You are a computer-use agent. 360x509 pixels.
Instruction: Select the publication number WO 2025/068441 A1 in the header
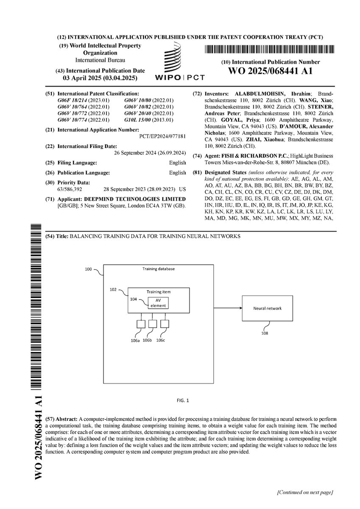point(270,71)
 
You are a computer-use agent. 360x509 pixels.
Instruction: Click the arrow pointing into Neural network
point(225,308)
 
